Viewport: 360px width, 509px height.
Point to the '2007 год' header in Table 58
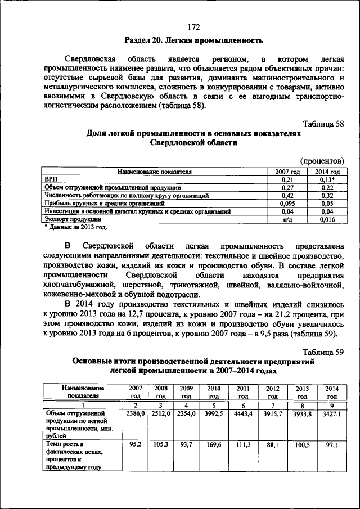(287, 172)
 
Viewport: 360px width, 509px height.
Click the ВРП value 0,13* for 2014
(327, 179)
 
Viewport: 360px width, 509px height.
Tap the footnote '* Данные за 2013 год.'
(75, 227)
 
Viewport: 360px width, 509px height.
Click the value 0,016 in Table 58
(327, 219)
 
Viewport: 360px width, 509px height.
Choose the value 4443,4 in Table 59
(243, 413)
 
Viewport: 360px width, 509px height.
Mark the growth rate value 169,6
(214, 444)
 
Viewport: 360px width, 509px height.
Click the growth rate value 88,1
(273, 444)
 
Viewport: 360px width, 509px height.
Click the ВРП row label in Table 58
(51, 179)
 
